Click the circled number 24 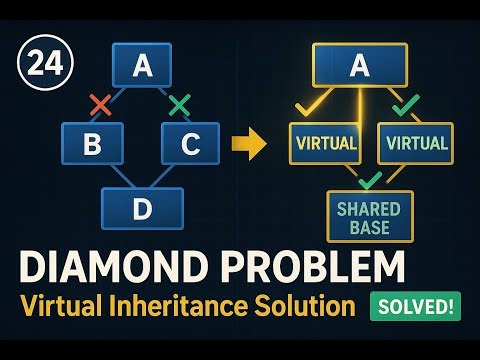coord(37,64)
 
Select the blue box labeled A coord(142,65)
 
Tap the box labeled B coord(91,145)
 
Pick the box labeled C coord(191,145)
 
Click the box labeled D coord(143,208)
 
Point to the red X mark coord(99,103)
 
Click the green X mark coord(179,103)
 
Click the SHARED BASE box coord(367,217)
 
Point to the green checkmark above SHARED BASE coord(371,180)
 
